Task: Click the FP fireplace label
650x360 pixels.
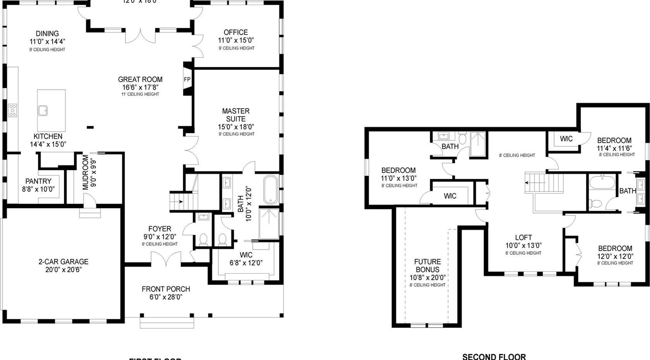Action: pos(187,80)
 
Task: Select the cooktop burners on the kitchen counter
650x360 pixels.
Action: pos(13,110)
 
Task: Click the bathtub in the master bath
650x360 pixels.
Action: pos(271,190)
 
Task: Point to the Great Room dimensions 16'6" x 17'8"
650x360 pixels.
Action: pos(140,87)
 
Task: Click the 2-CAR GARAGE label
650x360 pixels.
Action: pos(63,262)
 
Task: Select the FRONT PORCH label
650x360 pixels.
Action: pos(166,289)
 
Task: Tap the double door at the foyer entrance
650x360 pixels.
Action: pos(166,259)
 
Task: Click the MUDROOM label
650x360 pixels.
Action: pos(86,172)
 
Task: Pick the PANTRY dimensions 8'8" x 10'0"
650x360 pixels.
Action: pos(38,189)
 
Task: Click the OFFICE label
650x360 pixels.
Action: pos(236,32)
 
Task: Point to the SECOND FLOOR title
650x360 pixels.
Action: pos(494,357)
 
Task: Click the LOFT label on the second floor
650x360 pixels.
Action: pos(523,237)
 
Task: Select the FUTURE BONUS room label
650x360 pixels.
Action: pos(427,266)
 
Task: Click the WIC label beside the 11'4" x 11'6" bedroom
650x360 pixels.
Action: pos(566,139)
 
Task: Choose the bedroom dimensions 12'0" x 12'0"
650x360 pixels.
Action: pos(615,256)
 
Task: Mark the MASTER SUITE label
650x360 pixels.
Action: pos(236,115)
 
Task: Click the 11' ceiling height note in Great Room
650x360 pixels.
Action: pos(140,94)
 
